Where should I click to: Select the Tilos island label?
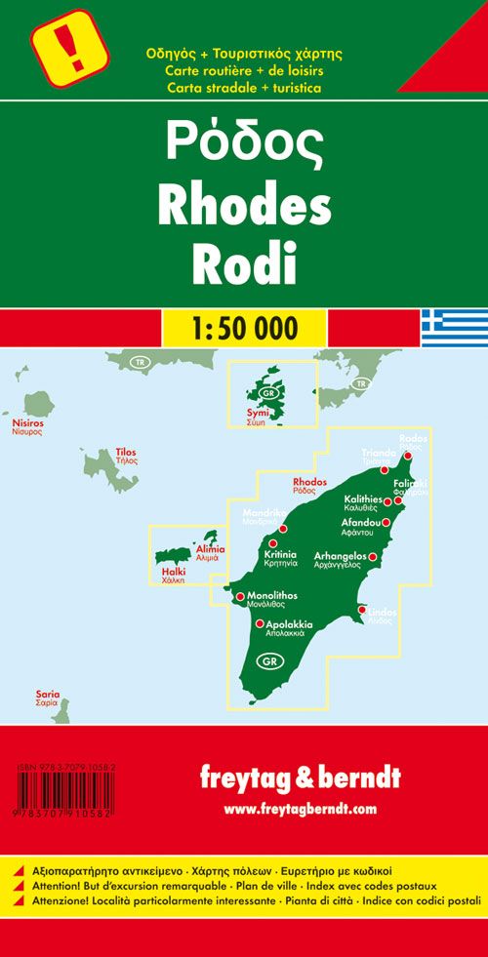pyautogui.click(x=127, y=453)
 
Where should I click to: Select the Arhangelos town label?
pyautogui.click(x=339, y=556)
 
